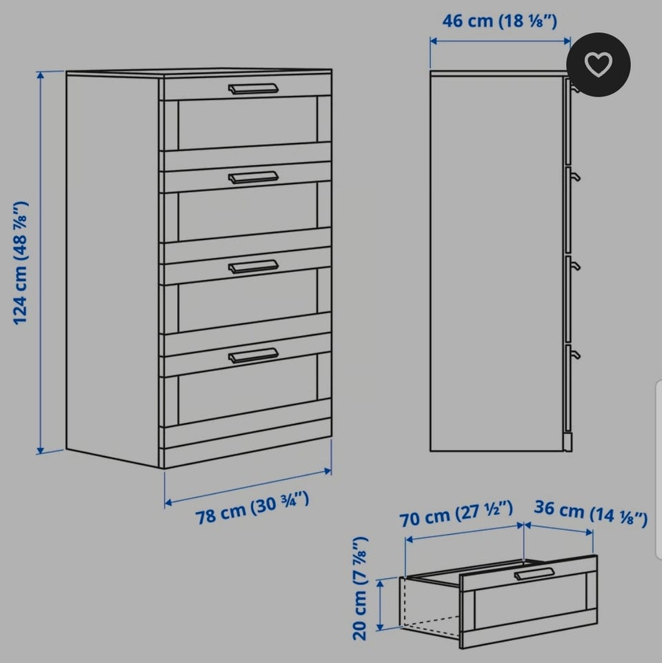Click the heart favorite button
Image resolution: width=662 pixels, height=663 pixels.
(x=598, y=64)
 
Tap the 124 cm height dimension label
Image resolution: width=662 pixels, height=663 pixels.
(x=20, y=263)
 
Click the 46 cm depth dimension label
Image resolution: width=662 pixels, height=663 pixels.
(x=500, y=21)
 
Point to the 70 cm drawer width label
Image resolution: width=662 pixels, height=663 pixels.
(x=456, y=514)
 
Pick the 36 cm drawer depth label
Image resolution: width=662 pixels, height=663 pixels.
(x=590, y=513)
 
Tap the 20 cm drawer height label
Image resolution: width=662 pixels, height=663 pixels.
(x=360, y=588)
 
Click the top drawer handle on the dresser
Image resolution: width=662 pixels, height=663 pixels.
(x=253, y=89)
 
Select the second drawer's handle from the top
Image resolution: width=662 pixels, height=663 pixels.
(x=253, y=177)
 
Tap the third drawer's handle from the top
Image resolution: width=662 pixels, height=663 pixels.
(x=253, y=266)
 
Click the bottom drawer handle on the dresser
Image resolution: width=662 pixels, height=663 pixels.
(x=253, y=355)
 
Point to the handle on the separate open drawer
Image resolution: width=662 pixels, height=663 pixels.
(x=534, y=574)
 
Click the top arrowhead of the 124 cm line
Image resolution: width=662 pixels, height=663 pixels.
(x=40, y=75)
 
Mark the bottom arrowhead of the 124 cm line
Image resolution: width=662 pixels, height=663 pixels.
(x=40, y=451)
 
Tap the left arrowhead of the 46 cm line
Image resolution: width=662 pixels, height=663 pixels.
(x=434, y=41)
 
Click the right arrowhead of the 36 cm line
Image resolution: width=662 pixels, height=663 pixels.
(x=590, y=532)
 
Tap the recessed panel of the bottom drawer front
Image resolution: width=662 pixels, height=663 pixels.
(x=248, y=389)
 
